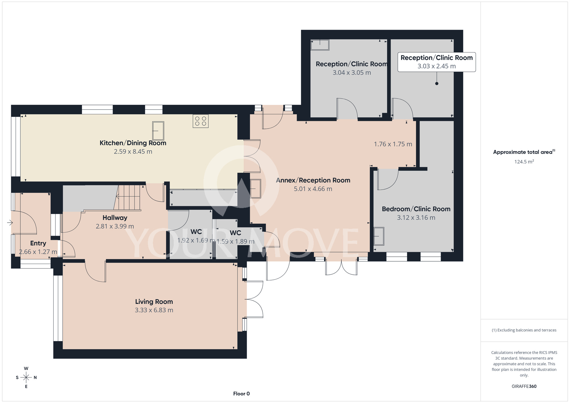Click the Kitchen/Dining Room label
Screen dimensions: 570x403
point(133,143)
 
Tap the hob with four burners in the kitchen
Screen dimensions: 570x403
point(201,121)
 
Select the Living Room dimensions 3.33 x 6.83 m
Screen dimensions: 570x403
point(154,310)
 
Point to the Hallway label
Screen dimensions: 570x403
point(115,218)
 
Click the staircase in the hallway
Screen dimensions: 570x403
point(127,198)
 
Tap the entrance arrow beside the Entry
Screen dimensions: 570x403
point(10,222)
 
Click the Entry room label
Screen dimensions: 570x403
point(38,243)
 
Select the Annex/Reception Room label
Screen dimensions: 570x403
point(313,180)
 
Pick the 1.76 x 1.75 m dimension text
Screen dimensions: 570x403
point(393,144)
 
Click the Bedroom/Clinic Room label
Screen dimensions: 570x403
point(416,209)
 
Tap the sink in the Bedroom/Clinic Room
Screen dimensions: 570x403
point(379,236)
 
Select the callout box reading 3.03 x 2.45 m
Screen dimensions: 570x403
point(437,62)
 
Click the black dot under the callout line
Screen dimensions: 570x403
point(437,84)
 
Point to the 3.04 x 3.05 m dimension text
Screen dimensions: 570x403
point(352,73)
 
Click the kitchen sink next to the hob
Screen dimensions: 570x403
point(158,131)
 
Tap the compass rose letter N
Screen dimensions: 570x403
point(35,378)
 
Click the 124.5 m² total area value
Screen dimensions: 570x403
point(524,162)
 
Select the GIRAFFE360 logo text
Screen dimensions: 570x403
point(524,386)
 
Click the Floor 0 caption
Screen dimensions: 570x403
point(241,394)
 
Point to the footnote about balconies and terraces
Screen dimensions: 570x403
point(524,330)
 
